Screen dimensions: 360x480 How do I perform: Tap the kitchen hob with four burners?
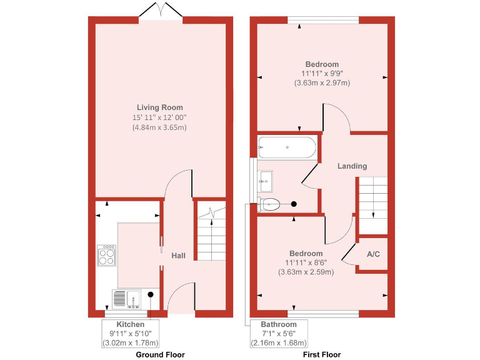pyautogui.click(x=106, y=255)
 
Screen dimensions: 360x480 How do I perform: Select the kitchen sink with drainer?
pyautogui.click(x=127, y=299)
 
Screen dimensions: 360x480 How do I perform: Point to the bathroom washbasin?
pyautogui.click(x=266, y=180)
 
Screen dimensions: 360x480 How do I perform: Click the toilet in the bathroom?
pyautogui.click(x=270, y=204)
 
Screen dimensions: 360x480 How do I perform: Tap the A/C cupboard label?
pyautogui.click(x=374, y=254)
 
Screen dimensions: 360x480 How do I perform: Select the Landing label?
pyautogui.click(x=352, y=166)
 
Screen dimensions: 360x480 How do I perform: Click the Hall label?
pyautogui.click(x=179, y=256)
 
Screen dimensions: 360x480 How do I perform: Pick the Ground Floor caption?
pyautogui.click(x=161, y=354)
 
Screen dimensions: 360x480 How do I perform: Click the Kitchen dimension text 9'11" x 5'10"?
pyautogui.click(x=131, y=334)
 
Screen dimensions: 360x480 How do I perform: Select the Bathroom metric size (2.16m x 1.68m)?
pyautogui.click(x=279, y=342)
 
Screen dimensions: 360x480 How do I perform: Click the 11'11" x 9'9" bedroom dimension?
pyautogui.click(x=322, y=73)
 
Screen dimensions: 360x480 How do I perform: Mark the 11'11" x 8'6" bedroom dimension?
pyautogui.click(x=306, y=262)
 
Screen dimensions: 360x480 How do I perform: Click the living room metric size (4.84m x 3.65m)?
pyautogui.click(x=159, y=127)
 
